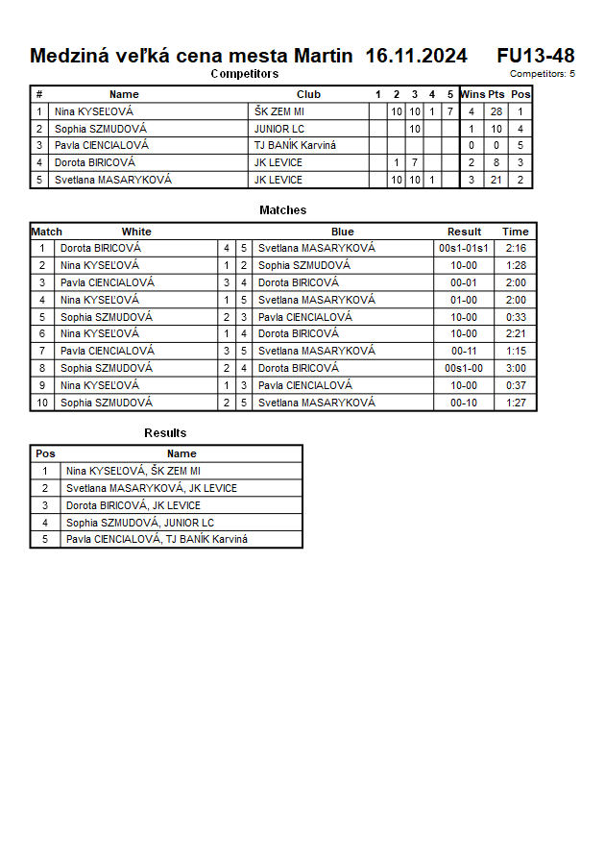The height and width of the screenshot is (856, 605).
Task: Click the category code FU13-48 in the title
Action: (536, 56)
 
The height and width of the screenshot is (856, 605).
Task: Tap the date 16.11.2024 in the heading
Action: (416, 56)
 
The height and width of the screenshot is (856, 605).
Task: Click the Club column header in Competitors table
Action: (308, 94)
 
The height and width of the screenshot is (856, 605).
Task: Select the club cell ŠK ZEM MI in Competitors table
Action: (278, 111)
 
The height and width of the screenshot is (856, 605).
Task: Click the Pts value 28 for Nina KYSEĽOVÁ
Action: (496, 111)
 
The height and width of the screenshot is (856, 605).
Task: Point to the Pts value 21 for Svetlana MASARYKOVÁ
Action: (496, 181)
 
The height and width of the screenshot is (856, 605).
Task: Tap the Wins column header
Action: (472, 94)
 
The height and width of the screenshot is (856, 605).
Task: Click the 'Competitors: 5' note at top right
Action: (543, 74)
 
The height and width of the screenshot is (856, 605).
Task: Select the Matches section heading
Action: (283, 210)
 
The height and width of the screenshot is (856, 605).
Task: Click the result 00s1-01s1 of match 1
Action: (464, 248)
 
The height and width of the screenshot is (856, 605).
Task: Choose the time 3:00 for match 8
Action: (515, 369)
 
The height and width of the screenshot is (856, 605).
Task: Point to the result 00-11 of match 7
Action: (464, 352)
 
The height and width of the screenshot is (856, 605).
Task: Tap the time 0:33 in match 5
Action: (515, 317)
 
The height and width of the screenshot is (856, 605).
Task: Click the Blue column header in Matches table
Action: (343, 232)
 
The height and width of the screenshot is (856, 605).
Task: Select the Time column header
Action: (515, 232)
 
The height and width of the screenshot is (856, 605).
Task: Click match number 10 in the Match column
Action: (42, 404)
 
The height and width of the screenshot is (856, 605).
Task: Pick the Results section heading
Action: (165, 433)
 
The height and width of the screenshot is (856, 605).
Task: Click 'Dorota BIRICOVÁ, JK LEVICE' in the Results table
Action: (133, 505)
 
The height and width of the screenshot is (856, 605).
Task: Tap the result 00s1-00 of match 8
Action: (464, 369)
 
